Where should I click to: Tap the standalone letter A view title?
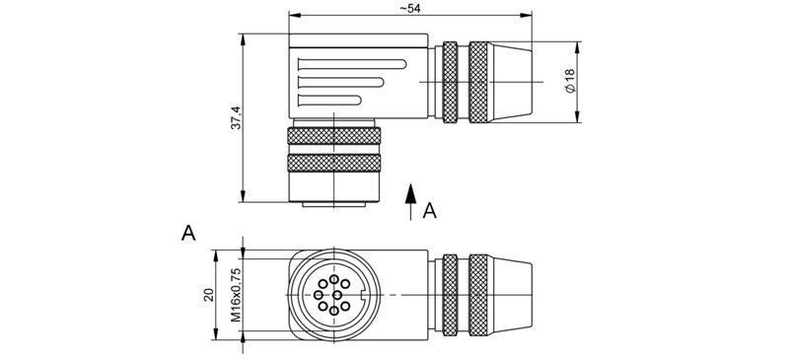point(188,233)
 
